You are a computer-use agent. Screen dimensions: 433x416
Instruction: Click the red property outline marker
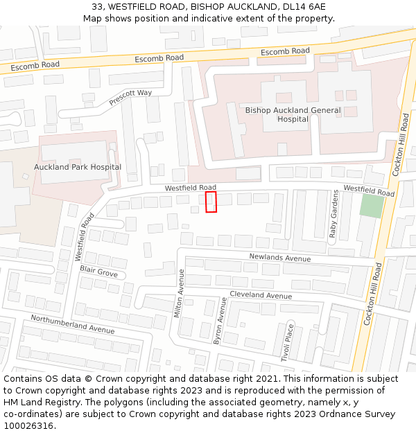tap(211, 202)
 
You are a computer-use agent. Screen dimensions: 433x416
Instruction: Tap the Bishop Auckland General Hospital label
tap(293, 114)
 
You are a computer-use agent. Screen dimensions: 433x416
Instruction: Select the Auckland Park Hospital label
tap(78, 167)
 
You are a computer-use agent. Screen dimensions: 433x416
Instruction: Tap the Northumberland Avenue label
tap(72, 324)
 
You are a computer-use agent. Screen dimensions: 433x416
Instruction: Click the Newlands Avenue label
tap(279, 258)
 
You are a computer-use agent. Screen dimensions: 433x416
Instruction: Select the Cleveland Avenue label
tap(261, 295)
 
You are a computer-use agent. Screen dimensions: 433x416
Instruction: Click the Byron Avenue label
tap(220, 320)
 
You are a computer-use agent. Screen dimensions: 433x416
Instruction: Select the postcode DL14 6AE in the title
tap(302, 7)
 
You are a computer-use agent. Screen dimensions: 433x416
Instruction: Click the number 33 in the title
tap(98, 7)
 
